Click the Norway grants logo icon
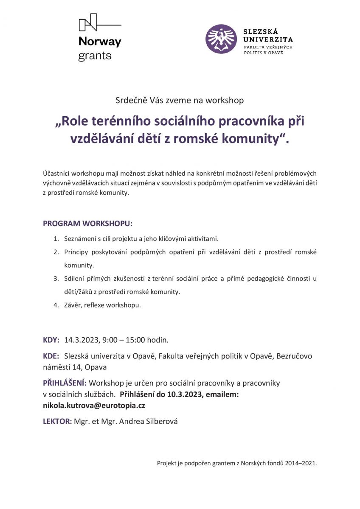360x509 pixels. click(x=89, y=22)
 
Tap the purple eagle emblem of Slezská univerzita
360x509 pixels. click(x=221, y=39)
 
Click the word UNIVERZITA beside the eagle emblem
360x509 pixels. click(x=268, y=39)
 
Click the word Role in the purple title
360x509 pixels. click(x=76, y=121)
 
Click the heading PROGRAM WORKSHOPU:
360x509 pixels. click(x=87, y=223)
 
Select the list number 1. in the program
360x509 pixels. click(x=56, y=239)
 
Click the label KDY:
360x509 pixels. click(x=51, y=340)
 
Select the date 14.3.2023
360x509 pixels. click(x=81, y=340)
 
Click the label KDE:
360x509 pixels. click(x=51, y=356)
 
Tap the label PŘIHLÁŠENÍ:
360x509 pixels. click(x=65, y=383)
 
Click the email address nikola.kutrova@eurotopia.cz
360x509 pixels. click(x=94, y=406)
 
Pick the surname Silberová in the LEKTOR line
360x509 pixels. click(x=161, y=422)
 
